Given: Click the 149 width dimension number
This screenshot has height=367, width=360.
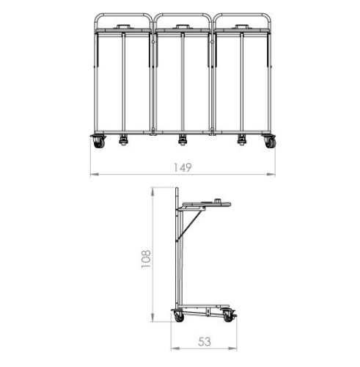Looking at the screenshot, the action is [183, 167].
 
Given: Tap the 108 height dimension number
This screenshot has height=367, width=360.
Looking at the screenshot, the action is [146, 259].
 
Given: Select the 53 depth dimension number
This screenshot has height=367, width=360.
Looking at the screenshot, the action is [205, 341].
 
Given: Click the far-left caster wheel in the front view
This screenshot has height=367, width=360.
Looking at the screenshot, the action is [99, 142].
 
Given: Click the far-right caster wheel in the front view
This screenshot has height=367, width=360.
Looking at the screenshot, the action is [271, 142].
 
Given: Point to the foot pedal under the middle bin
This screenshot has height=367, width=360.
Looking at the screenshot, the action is [182, 139].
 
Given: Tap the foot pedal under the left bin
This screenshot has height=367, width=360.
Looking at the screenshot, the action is [123, 139].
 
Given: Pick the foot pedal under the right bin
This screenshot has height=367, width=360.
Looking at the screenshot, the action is [241, 139].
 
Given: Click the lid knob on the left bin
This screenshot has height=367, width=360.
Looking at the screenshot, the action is [123, 26].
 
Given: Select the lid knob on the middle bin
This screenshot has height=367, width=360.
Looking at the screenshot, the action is [182, 26].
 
